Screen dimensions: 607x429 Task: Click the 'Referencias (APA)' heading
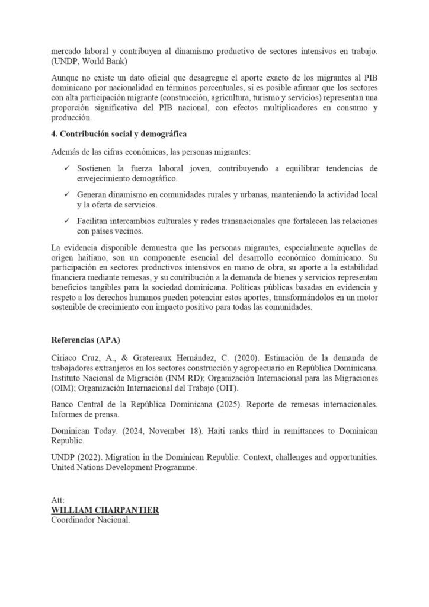tap(82, 340)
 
